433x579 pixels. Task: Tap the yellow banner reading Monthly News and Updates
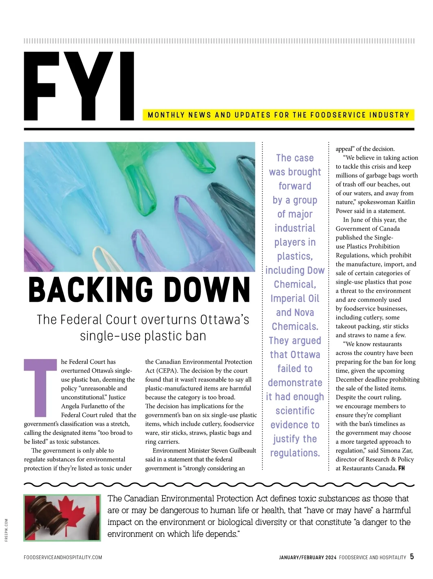click(278, 115)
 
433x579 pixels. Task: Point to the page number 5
click(412, 557)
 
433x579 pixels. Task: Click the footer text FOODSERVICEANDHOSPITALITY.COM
click(63, 557)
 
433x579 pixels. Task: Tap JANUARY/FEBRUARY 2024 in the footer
click(307, 557)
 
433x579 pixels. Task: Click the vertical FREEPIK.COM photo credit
click(6, 530)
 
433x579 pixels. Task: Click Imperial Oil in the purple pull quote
click(295, 299)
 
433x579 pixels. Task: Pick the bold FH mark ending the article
click(402, 468)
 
